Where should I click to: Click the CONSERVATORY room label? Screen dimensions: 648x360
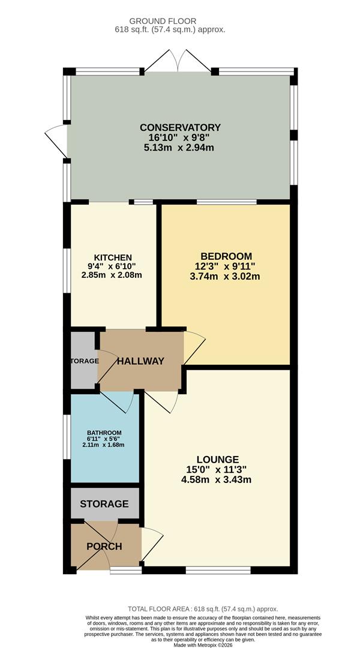(x=180, y=127)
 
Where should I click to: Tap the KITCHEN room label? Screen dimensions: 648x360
(x=113, y=257)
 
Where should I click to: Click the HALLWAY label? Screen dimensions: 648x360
(x=140, y=361)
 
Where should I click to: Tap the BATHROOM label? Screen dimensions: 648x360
(x=104, y=433)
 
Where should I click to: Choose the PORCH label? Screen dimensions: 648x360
(x=104, y=546)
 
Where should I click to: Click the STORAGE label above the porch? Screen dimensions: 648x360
(x=104, y=503)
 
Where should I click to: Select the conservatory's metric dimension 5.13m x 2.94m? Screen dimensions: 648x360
(x=180, y=148)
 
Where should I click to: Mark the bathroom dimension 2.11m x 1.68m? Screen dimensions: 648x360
(x=104, y=445)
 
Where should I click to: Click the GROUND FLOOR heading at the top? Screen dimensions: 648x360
(x=180, y=20)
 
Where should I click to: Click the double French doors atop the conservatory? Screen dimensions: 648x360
(x=178, y=61)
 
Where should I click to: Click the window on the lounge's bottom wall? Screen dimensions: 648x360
(x=218, y=569)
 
